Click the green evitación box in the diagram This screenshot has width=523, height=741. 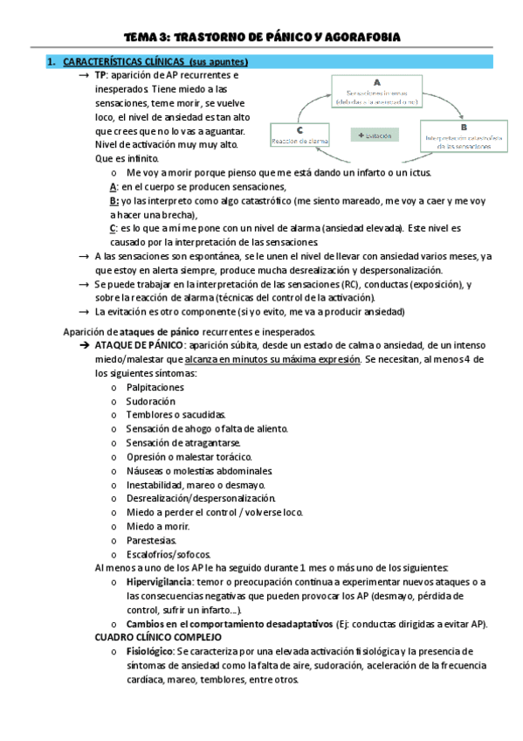click(375, 135)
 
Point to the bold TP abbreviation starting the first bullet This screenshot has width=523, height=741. click(101, 75)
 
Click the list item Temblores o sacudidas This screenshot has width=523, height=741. click(175, 414)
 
